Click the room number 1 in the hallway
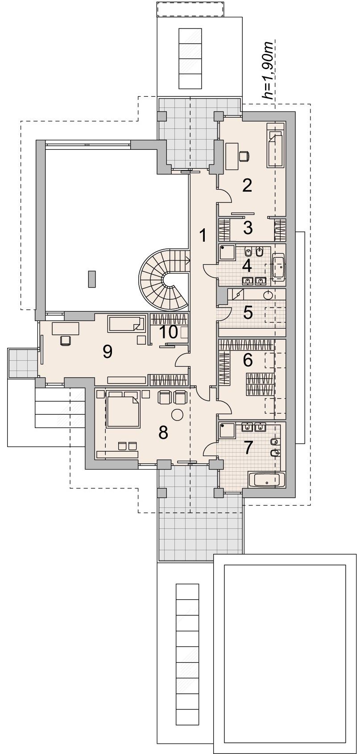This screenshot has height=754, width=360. pos(202,235)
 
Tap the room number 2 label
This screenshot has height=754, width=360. pos(247,185)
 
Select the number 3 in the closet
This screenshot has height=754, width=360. pos(248,228)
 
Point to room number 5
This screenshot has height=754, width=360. pos(248,313)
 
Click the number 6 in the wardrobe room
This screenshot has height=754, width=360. pos(248,361)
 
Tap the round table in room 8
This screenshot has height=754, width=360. pos(178,414)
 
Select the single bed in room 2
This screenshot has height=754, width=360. pos(276,145)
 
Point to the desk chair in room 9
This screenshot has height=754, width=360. pos(66,340)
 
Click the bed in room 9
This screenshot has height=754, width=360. pos(126,323)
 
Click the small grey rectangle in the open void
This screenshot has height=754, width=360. pos(91,279)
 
